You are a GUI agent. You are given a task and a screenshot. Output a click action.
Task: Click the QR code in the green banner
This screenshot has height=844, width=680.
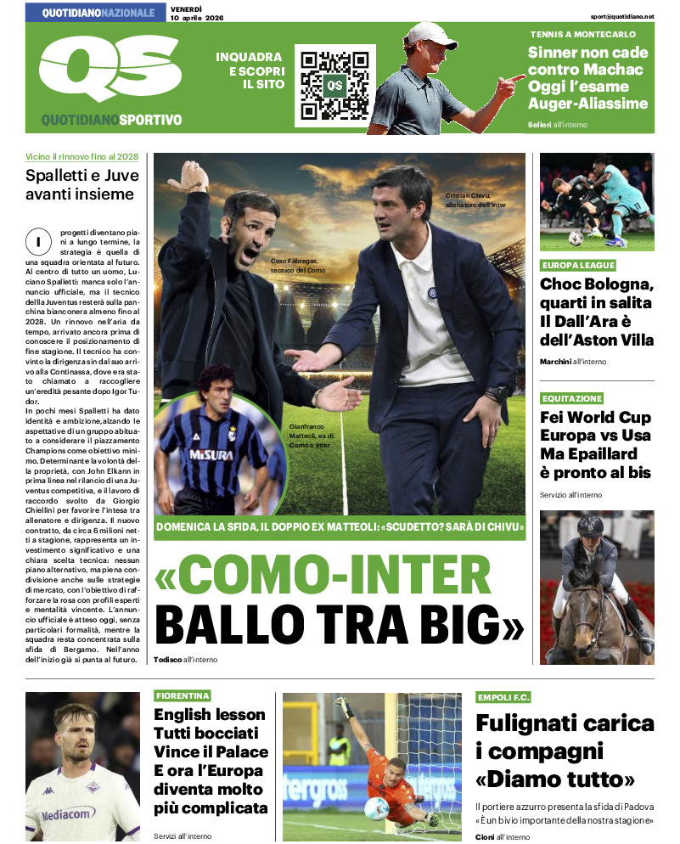tap(334, 85)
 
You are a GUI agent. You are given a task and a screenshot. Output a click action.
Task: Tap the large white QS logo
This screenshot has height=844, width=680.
tap(109, 72)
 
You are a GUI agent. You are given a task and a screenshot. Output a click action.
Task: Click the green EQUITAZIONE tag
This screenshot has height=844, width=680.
tap(572, 398)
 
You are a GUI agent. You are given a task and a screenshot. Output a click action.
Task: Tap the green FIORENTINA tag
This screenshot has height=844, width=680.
tap(183, 695)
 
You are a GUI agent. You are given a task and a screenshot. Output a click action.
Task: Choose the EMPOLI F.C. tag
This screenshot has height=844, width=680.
tap(503, 697)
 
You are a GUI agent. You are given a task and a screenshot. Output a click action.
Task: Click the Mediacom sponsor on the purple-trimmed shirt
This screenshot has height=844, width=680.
tap(68, 813)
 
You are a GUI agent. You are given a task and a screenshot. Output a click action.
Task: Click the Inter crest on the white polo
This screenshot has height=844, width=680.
tap(435, 294)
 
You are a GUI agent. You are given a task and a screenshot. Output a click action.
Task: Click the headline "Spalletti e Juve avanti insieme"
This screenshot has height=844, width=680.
tap(80, 185)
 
